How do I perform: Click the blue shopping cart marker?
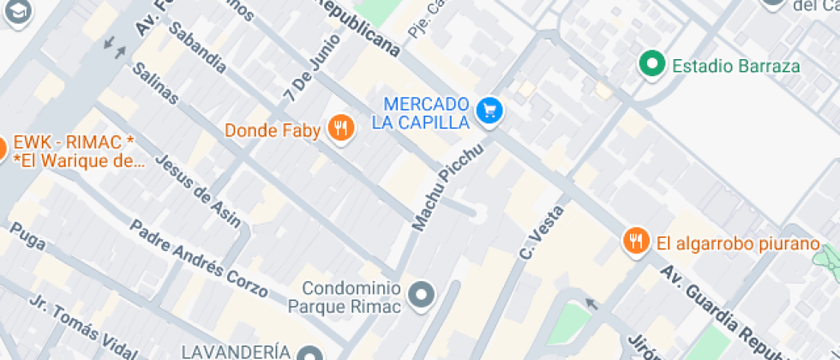[489, 110]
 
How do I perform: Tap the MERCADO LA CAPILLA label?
[421, 111]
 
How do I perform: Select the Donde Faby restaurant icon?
[342, 130]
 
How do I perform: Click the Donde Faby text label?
[273, 131]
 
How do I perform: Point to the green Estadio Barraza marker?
[653, 63]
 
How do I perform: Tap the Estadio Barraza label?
[735, 66]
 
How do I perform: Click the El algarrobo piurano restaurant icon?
[634, 243]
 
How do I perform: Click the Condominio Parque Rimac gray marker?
[421, 296]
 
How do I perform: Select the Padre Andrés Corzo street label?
[198, 258]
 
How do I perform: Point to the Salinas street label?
[157, 84]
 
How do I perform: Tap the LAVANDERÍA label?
[236, 352]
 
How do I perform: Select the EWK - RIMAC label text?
[75, 151]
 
